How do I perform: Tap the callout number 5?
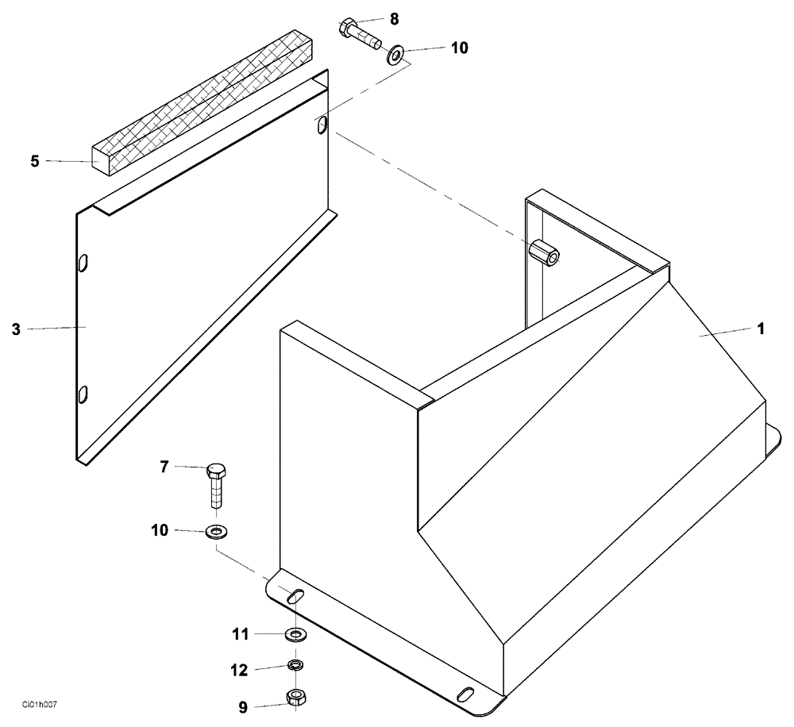pos(34,161)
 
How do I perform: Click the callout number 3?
pos(16,328)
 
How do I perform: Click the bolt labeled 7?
pos(216,485)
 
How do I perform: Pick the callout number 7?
pos(164,467)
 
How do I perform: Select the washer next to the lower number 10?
pos(214,531)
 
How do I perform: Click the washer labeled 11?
pos(295,634)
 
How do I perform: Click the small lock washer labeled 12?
pos(295,664)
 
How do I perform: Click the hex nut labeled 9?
pos(296,698)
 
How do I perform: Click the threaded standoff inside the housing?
pos(544,253)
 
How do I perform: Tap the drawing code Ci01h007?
pos(46,704)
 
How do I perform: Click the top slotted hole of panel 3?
pos(320,125)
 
